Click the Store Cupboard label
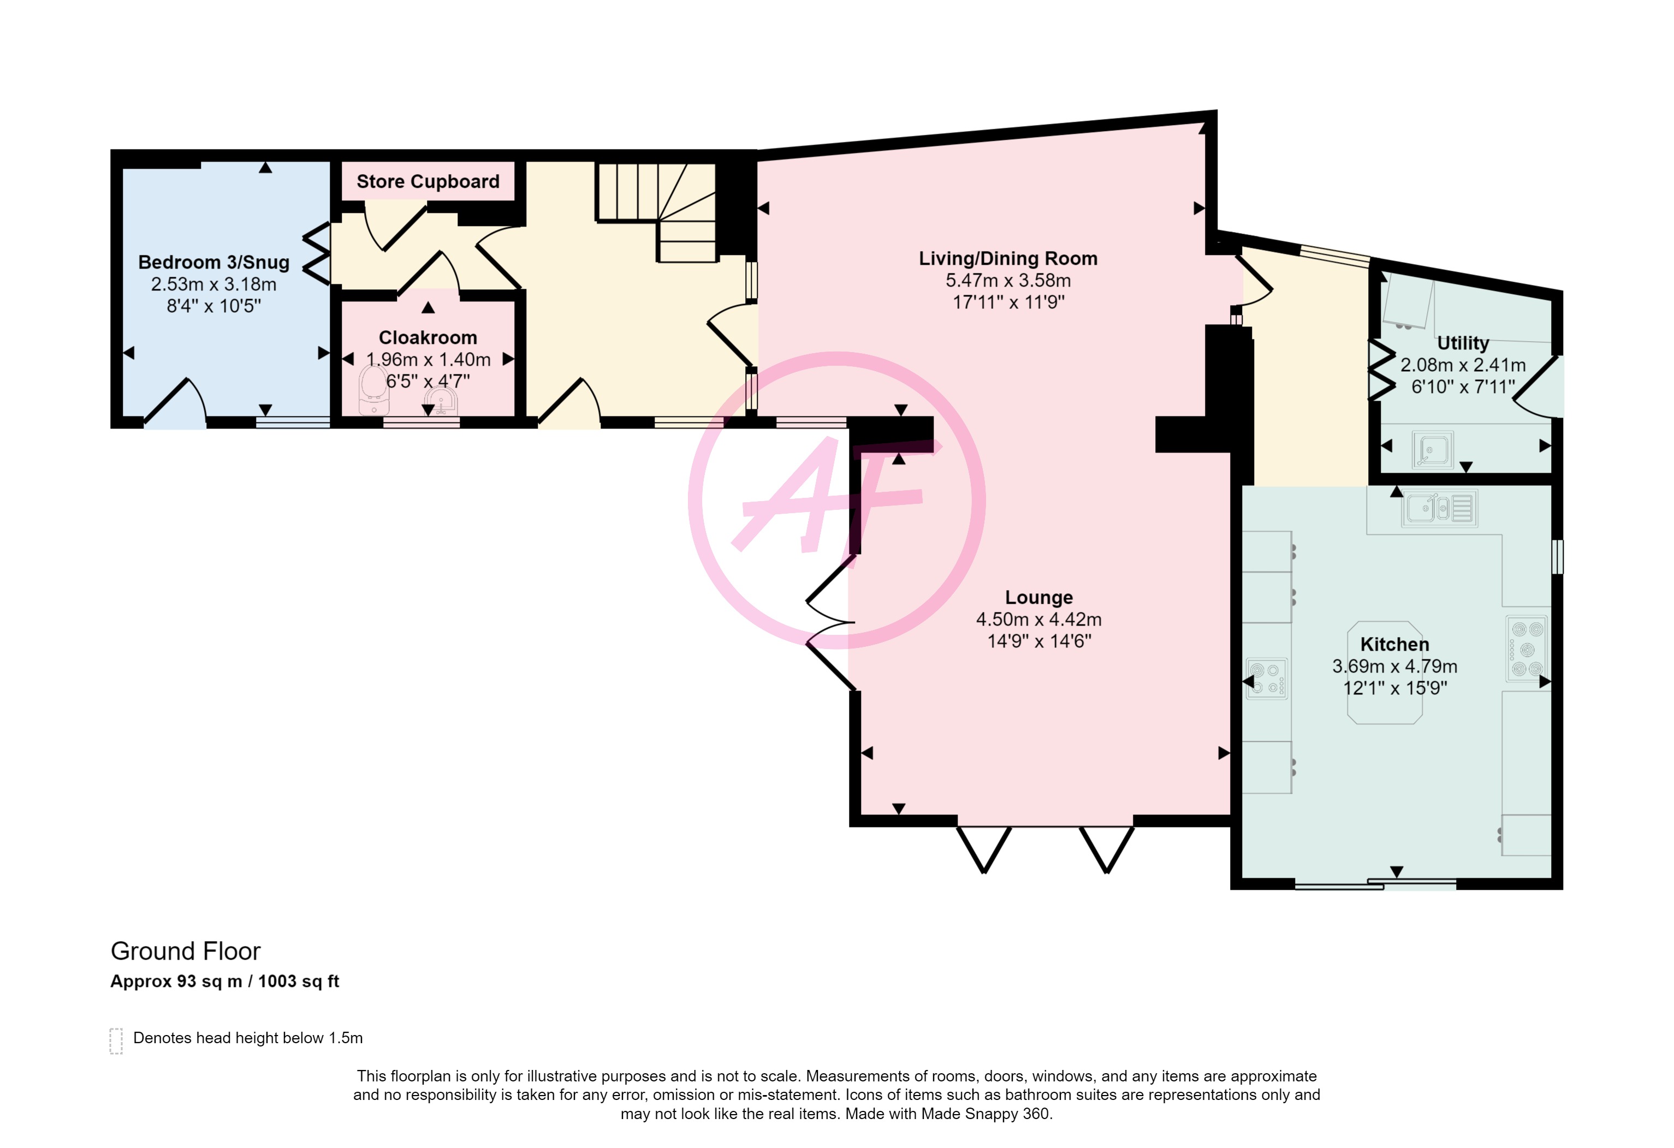pos(428,181)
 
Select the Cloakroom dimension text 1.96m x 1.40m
pos(429,359)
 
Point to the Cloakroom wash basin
pos(440,401)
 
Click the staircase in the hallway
pos(656,212)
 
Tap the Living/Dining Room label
pos(1008,259)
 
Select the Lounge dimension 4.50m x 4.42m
pos(1038,620)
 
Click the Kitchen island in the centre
pos(1385,672)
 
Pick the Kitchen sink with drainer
pos(1439,508)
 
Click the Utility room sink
pos(1433,449)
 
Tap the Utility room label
pos(1463,343)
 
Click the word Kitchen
pos(1394,645)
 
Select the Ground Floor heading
pos(185,951)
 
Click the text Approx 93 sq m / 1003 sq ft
pos(225,982)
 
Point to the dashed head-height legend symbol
pos(116,1042)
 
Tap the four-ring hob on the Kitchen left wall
pos(1267,679)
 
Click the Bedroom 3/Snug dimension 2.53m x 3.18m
pos(214,284)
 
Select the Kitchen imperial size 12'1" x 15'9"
pos(1394,688)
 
